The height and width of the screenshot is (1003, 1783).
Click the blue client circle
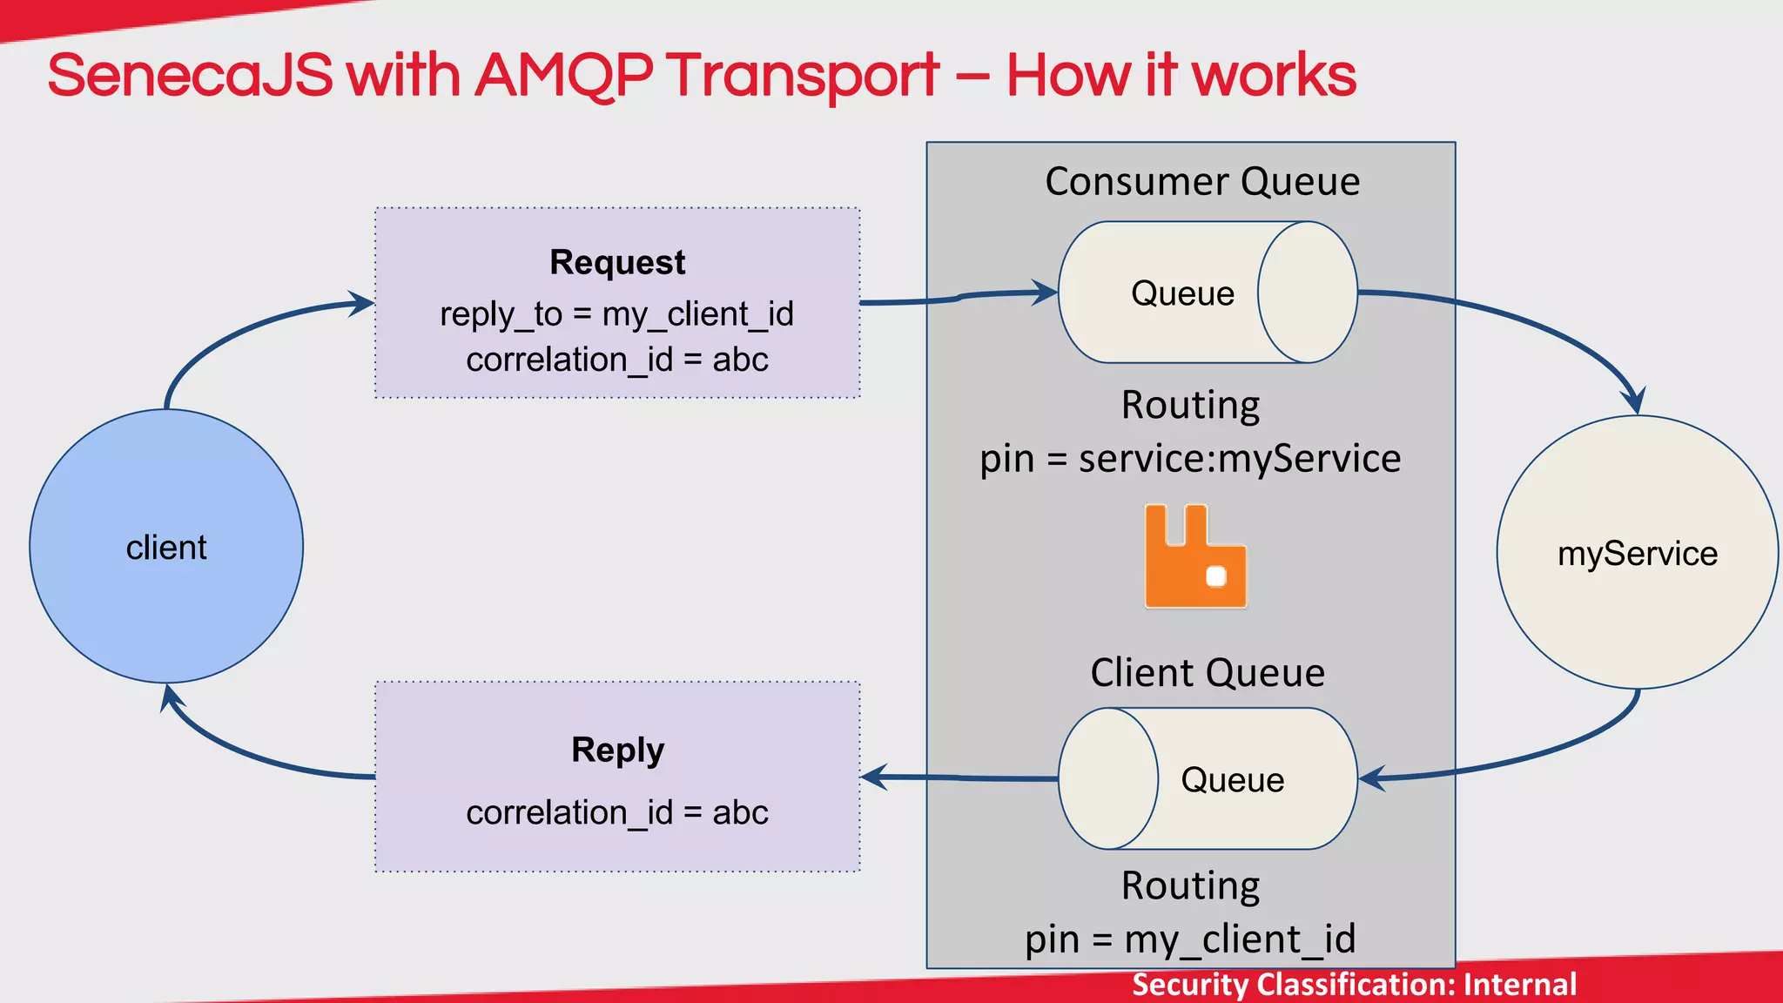point(166,547)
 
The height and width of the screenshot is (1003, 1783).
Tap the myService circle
point(1637,553)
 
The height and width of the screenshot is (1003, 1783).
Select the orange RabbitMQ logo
point(1195,556)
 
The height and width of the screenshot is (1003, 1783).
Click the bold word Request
point(617,262)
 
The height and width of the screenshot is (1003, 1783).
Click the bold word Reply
point(617,750)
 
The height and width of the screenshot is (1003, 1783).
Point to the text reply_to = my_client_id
point(617,313)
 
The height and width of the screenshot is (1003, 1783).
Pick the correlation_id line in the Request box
point(617,360)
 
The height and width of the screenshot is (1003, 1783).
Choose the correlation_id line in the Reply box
point(617,812)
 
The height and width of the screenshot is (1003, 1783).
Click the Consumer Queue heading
point(1202,182)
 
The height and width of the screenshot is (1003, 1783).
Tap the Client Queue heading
point(1208,673)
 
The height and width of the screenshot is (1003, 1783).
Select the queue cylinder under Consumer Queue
point(1208,293)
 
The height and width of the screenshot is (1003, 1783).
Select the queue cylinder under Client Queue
point(1208,778)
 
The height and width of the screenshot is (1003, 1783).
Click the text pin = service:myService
point(1190,459)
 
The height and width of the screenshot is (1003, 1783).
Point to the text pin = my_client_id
point(1190,939)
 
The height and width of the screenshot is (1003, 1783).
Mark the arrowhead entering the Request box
point(362,303)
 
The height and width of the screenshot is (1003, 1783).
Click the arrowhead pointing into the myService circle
point(1635,401)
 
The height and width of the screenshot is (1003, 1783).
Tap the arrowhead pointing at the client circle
point(171,697)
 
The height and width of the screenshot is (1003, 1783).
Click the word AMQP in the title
point(563,76)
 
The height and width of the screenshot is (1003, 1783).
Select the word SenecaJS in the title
point(190,76)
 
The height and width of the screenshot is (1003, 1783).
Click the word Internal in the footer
point(1520,985)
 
